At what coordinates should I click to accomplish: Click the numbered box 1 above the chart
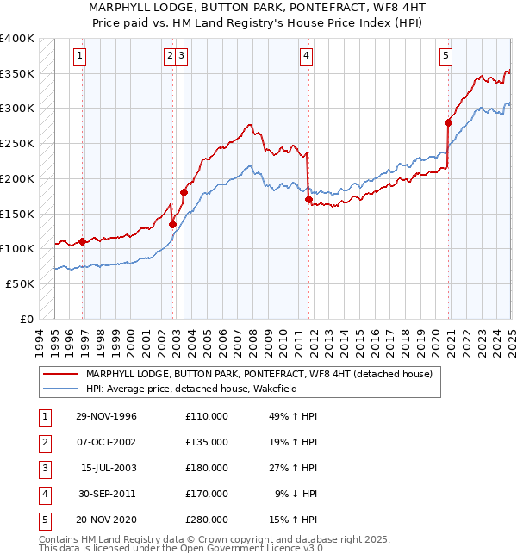78,57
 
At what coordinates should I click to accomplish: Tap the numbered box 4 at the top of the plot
306,57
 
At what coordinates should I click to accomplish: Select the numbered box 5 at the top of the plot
445,57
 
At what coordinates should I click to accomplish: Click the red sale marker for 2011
308,199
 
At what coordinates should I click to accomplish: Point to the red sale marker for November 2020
449,122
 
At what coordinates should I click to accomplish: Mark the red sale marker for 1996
83,241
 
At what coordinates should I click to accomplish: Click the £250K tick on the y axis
17,143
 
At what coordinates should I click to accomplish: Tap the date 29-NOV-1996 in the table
107,416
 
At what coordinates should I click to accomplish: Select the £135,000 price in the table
206,442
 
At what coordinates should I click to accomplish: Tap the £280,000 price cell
206,520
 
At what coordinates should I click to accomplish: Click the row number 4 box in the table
43,494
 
